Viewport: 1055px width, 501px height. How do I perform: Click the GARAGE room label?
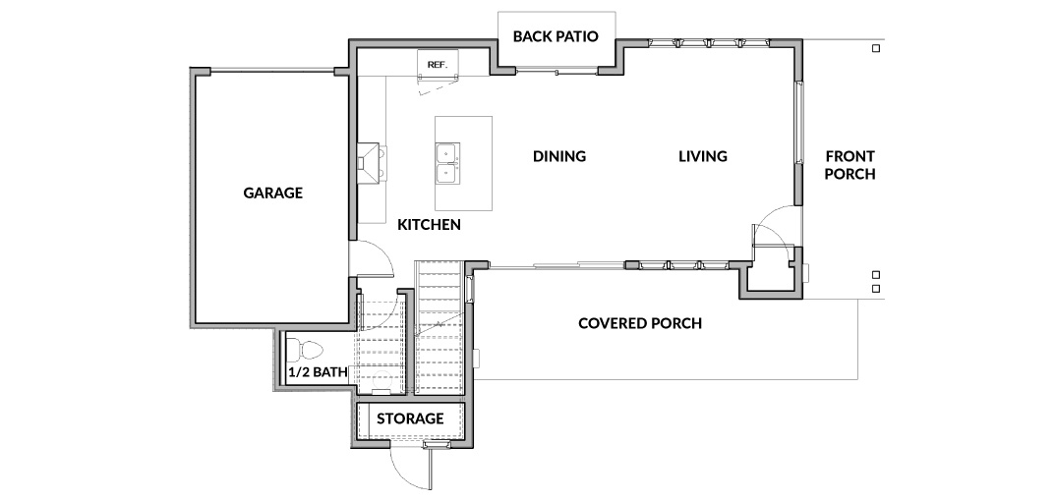click(272, 193)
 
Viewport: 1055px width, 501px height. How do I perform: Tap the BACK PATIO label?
click(556, 36)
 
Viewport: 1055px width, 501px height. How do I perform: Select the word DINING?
click(559, 156)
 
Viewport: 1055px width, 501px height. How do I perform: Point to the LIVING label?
click(702, 156)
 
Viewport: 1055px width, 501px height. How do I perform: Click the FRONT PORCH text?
click(850, 165)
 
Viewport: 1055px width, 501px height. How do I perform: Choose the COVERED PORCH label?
click(640, 323)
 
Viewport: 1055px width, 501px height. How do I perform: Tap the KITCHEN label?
click(429, 225)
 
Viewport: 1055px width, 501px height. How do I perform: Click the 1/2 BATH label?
click(319, 371)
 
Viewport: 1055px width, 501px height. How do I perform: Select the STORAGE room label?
click(410, 418)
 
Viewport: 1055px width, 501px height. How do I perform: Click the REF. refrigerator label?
click(438, 65)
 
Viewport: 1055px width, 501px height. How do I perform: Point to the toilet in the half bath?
click(305, 350)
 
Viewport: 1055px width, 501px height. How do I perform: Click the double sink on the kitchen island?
click(446, 163)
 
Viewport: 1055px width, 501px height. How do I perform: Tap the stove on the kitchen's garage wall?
click(371, 162)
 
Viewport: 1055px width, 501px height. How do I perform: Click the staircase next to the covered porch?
click(440, 327)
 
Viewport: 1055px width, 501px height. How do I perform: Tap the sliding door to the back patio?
click(556, 70)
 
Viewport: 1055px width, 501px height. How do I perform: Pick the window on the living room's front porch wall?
click(799, 123)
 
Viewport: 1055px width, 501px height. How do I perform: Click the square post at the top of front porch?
click(876, 48)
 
